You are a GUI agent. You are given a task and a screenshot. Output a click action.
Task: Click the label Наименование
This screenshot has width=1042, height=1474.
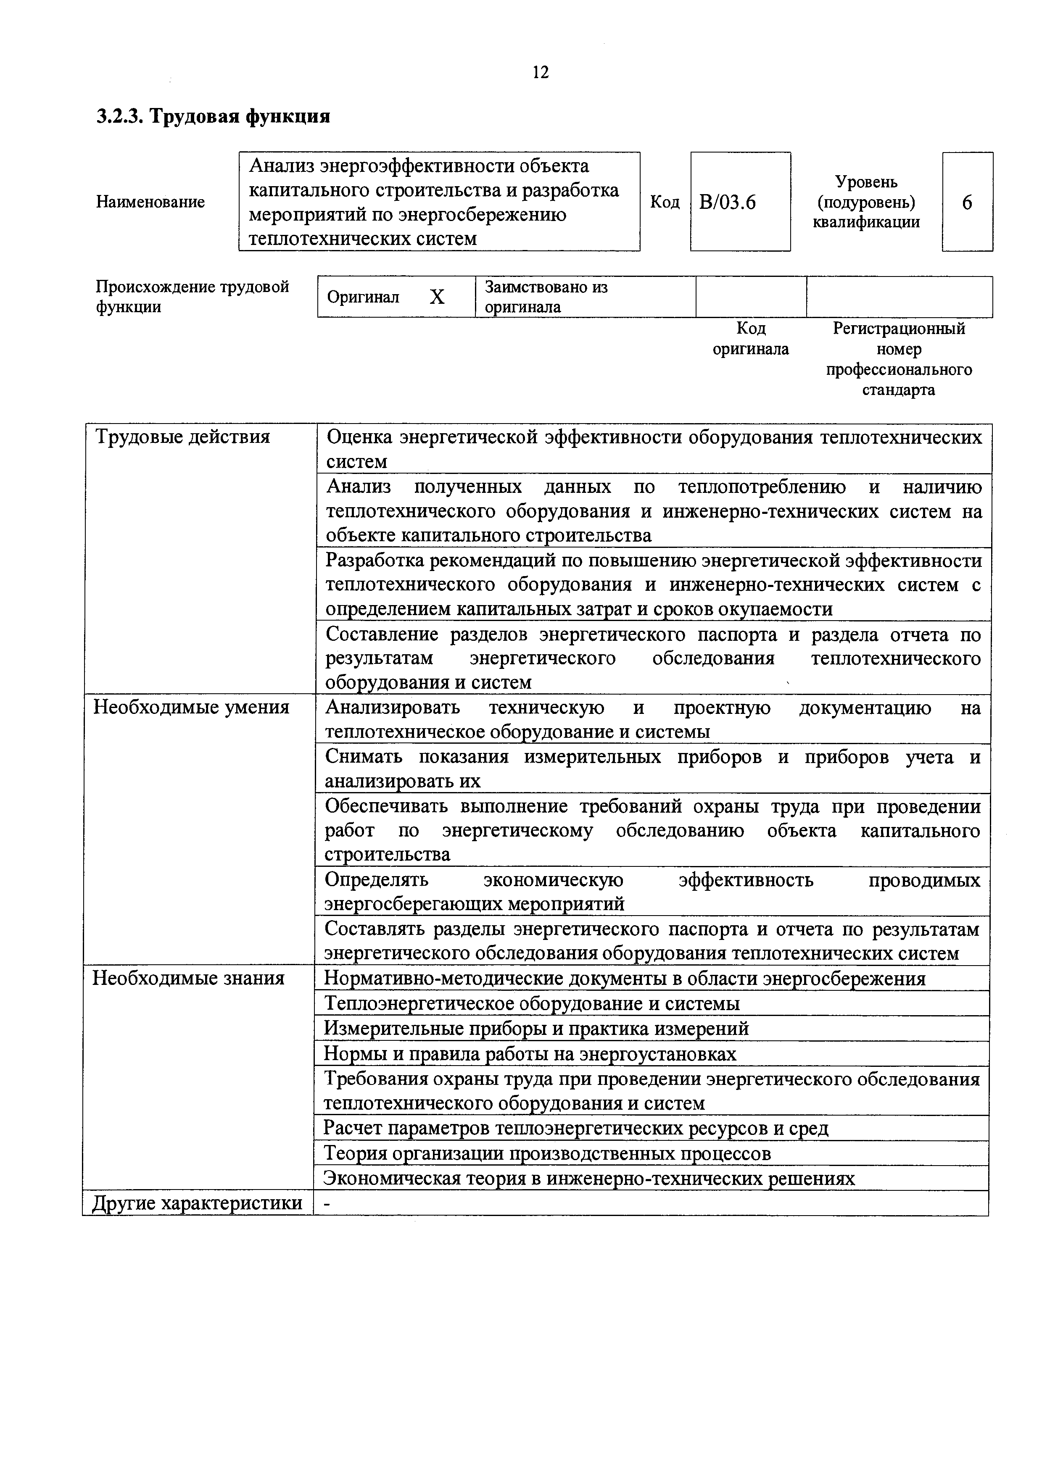tap(150, 202)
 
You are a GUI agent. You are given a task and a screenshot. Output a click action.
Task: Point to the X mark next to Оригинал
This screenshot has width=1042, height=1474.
tap(437, 297)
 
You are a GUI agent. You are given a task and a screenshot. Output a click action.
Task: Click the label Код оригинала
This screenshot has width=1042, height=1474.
tap(751, 339)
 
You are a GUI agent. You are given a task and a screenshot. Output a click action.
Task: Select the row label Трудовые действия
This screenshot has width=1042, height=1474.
tap(182, 437)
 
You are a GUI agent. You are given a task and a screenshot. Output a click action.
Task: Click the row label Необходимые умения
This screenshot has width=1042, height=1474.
tap(191, 708)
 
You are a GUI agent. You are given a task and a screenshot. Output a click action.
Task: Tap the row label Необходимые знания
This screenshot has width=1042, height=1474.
tap(188, 978)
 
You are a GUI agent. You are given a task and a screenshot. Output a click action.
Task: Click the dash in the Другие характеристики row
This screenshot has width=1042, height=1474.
tap(327, 1204)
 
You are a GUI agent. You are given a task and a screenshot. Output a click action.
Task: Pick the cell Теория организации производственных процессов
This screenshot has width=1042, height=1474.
tap(546, 1154)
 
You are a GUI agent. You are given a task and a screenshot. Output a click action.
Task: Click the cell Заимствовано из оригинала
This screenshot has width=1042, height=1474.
tap(546, 297)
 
